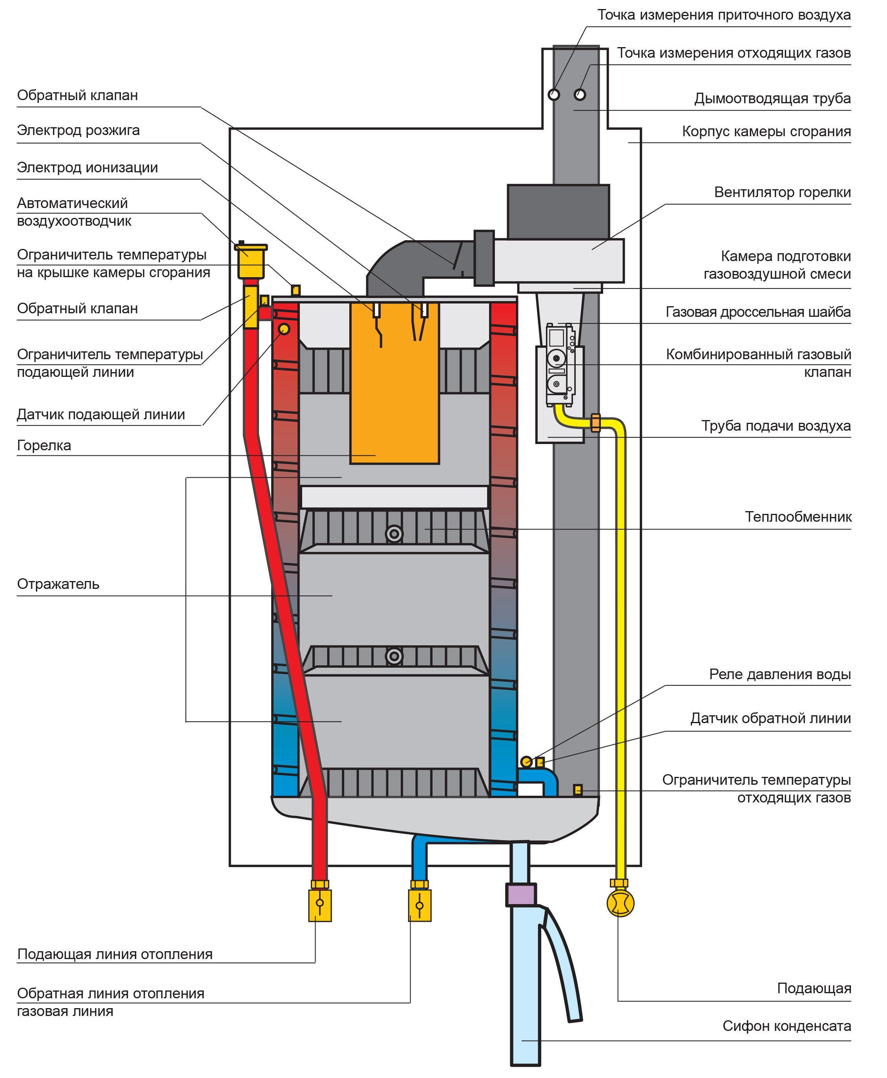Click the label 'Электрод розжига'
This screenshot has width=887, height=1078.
(x=78, y=130)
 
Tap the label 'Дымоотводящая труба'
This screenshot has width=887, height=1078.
(x=772, y=98)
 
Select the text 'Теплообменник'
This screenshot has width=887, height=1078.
(x=798, y=517)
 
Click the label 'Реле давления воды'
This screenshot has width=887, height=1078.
(x=780, y=674)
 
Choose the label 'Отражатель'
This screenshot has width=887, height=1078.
(x=58, y=584)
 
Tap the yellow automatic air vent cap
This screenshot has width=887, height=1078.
(x=250, y=259)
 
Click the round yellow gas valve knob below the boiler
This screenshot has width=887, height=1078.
(x=620, y=903)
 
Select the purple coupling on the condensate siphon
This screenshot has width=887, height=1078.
(x=521, y=895)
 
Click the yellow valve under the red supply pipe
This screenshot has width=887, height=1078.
(x=320, y=905)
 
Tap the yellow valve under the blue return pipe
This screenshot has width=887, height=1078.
(x=420, y=905)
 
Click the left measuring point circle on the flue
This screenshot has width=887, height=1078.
(x=554, y=95)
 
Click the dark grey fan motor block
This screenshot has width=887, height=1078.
(x=558, y=212)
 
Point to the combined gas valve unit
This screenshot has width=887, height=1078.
(x=560, y=364)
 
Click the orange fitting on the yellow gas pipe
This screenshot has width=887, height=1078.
(x=595, y=423)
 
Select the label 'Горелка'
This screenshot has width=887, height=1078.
(x=44, y=445)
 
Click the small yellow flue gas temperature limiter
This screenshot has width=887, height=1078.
(x=578, y=790)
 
